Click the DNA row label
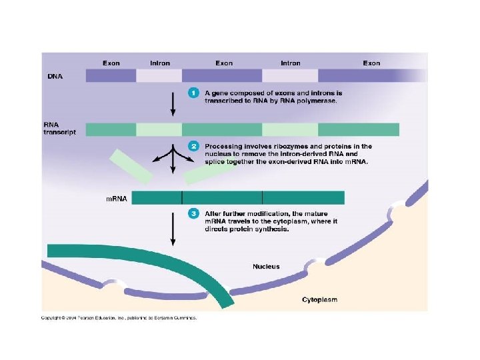[x=55, y=76]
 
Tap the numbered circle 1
[x=193, y=93]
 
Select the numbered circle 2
[x=193, y=145]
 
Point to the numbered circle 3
[x=193, y=213]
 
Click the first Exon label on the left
[x=111, y=63]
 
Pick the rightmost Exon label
[x=371, y=63]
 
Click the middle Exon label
[x=224, y=63]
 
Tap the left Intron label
[x=159, y=63]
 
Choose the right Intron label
[x=290, y=63]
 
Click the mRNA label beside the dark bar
[x=117, y=198]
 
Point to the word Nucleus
[x=266, y=266]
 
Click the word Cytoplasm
[x=319, y=300]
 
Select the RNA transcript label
[x=59, y=128]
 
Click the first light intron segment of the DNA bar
[x=159, y=75]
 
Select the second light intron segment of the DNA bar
[x=290, y=75]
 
